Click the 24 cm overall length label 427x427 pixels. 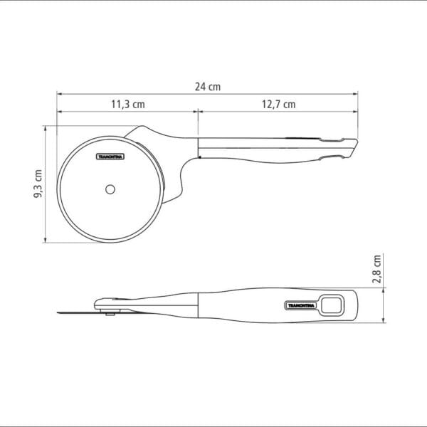point(208,86)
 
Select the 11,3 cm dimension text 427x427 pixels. point(128,105)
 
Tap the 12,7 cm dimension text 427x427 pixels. point(278,105)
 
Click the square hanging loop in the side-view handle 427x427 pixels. point(332,306)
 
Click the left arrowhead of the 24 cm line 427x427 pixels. point(60,93)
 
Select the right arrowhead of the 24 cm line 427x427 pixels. point(359,93)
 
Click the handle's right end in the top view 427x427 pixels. point(357,146)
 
